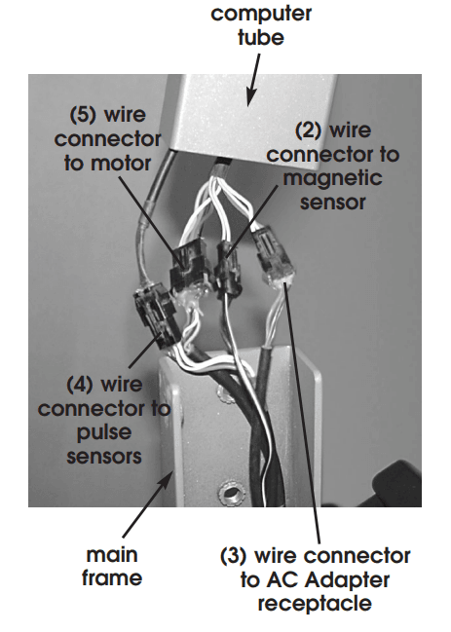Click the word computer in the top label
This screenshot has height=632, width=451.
point(261,15)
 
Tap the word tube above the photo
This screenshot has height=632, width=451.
point(261,37)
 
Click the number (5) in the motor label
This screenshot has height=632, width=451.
point(83,115)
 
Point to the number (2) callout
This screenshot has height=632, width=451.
point(309,131)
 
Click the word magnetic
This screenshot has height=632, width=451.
point(332,178)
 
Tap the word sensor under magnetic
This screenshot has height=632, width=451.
point(333,203)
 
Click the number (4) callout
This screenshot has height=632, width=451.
point(80,385)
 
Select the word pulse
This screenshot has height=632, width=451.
point(104,433)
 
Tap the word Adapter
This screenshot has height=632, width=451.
point(347,580)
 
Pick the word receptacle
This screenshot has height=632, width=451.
point(315,605)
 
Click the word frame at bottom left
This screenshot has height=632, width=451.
point(112,577)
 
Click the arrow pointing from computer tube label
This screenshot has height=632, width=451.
point(253,81)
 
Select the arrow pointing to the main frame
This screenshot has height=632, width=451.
point(145,506)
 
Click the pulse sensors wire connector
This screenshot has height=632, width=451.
point(154,313)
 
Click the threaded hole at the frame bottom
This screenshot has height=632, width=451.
point(230,492)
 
